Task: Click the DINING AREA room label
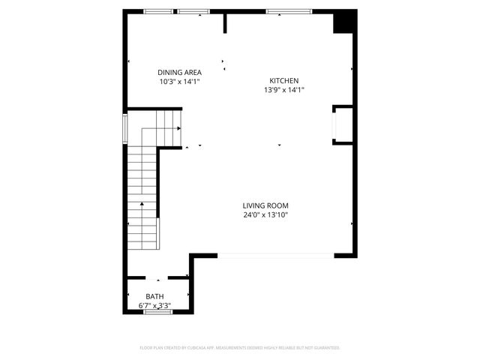click(179, 72)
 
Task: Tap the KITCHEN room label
click(284, 80)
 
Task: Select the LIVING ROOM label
click(265, 205)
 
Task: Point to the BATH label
click(154, 297)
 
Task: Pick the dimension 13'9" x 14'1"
click(284, 89)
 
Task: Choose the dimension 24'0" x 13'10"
click(265, 214)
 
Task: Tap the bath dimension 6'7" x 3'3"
click(154, 306)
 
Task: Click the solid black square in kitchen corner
click(343, 22)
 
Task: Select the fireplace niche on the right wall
click(343, 124)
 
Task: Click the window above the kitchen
click(289, 11)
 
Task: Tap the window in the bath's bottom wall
click(157, 312)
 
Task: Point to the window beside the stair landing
click(125, 128)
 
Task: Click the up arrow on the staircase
click(142, 204)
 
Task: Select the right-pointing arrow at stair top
click(178, 128)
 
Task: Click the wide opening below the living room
click(276, 256)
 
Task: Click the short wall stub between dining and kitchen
click(225, 23)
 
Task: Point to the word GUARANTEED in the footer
click(324, 348)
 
